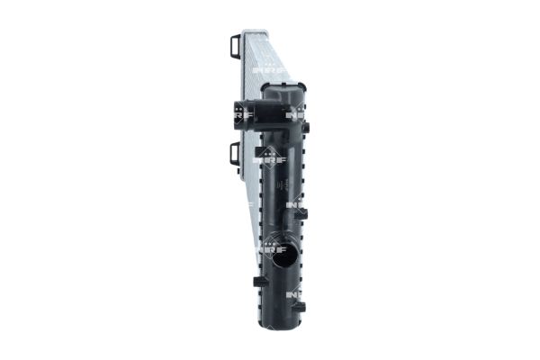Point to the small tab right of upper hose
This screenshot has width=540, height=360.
coord(307,131)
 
